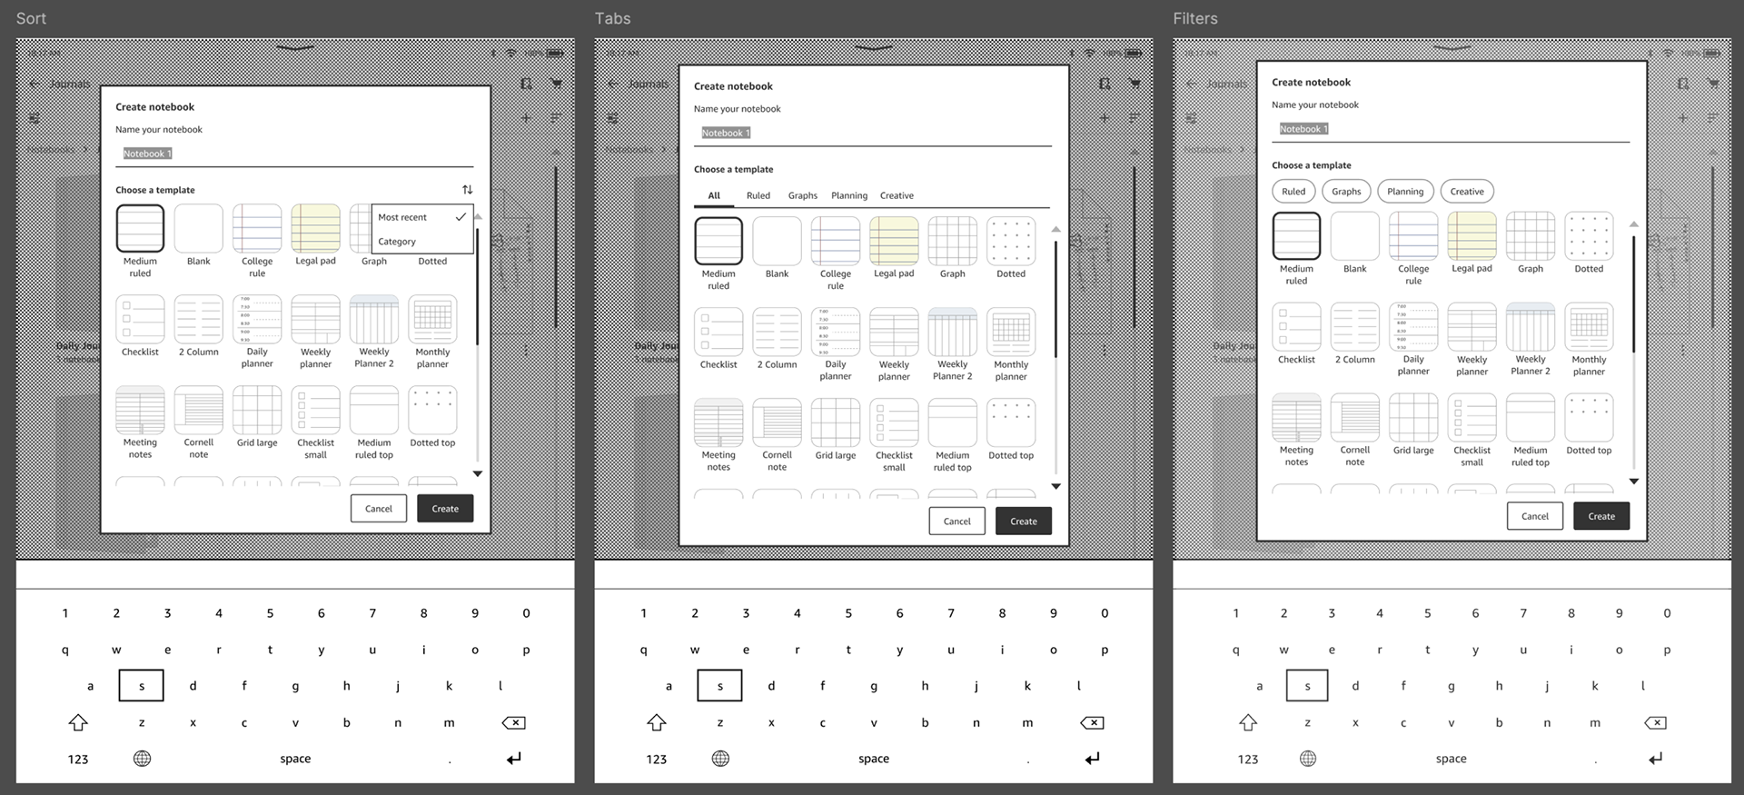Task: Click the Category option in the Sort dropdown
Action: pos(397,242)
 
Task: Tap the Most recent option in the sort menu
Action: pos(402,217)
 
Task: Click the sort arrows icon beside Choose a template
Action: pos(467,190)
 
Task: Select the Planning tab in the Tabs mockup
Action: pos(848,195)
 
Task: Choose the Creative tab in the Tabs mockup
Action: pos(897,195)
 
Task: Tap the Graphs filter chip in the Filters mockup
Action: pos(1346,192)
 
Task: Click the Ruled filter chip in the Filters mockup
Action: pos(1293,192)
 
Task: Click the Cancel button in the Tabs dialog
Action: pos(956,522)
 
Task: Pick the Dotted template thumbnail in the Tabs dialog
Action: pos(1010,241)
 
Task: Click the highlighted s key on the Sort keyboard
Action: pos(141,686)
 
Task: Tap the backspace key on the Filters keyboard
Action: pos(1655,723)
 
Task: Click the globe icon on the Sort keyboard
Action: pos(142,759)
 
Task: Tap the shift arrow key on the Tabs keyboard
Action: pos(657,723)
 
